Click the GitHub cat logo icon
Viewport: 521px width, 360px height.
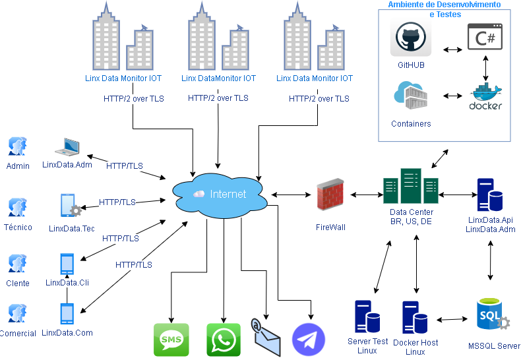click(x=410, y=38)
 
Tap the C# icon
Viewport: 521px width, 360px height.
click(x=485, y=37)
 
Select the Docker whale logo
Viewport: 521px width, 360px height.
click(x=485, y=96)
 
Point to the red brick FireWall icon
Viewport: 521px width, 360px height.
click(x=330, y=195)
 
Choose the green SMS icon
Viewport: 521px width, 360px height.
click(x=171, y=340)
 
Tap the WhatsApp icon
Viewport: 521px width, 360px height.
click(x=224, y=340)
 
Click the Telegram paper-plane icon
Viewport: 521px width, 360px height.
click(x=309, y=340)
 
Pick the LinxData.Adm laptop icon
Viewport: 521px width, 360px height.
click(x=67, y=147)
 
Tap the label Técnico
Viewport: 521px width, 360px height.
click(x=18, y=227)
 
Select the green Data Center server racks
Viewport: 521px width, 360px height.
click(x=411, y=187)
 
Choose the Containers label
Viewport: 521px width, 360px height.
click(x=411, y=124)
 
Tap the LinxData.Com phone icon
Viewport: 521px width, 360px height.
click(x=67, y=314)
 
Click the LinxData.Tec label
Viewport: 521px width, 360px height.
click(x=72, y=229)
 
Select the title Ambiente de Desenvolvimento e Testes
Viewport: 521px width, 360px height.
click(x=444, y=9)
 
